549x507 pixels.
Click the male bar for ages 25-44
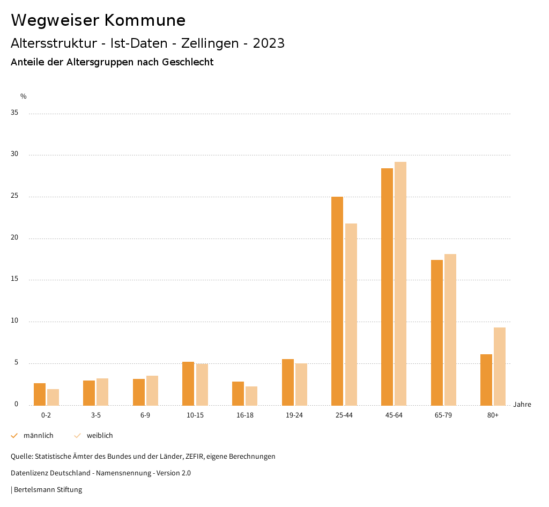[337, 301]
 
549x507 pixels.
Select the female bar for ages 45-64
[400, 284]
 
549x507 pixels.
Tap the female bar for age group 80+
[500, 366]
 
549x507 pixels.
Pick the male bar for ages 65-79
[437, 332]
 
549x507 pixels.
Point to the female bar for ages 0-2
[53, 397]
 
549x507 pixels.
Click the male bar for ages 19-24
[288, 382]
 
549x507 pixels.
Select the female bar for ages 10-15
[202, 384]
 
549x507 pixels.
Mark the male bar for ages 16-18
[238, 393]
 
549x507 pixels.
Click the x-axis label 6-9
[145, 415]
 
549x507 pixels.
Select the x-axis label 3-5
[96, 415]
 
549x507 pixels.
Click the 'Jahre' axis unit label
[522, 405]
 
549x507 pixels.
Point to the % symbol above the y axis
[24, 96]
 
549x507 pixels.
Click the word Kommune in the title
[145, 20]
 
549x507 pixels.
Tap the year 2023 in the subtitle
[269, 43]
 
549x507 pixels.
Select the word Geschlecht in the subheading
[188, 62]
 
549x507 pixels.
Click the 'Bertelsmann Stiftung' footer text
[48, 490]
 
